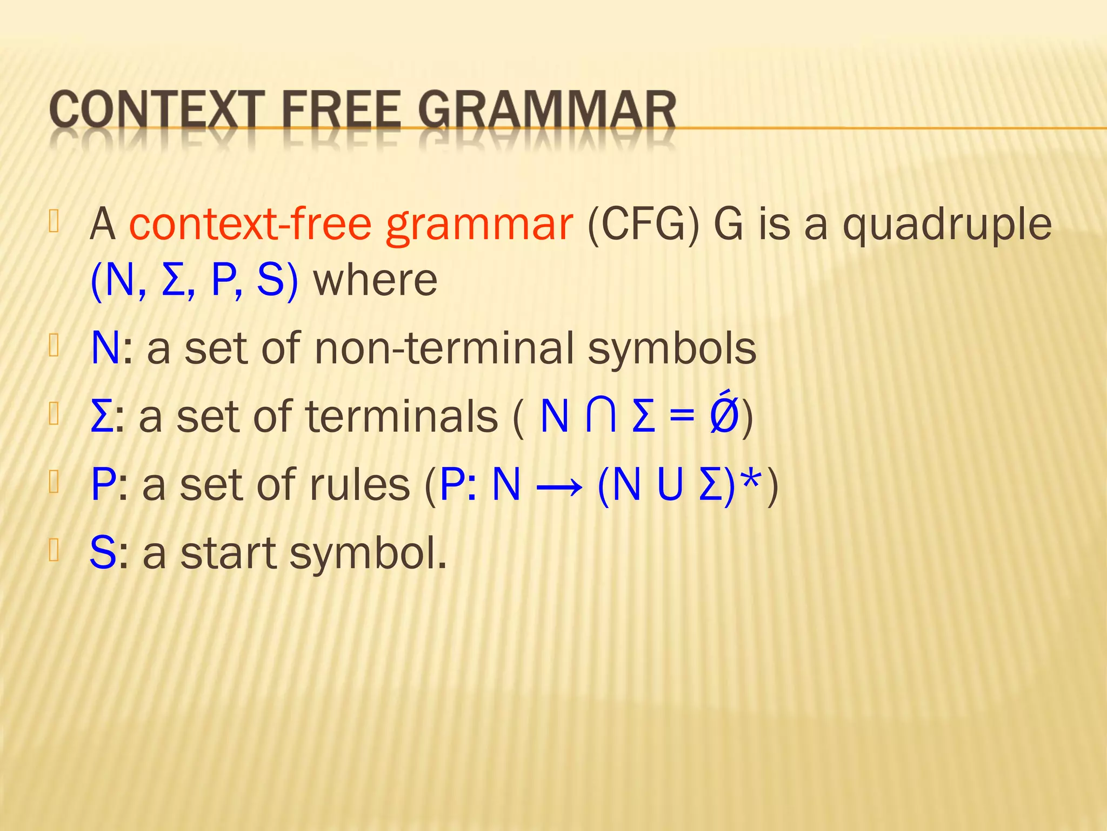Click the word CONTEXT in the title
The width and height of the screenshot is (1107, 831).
157,111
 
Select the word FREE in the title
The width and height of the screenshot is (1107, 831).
341,111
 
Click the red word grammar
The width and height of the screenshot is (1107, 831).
479,225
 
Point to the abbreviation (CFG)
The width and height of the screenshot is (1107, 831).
643,224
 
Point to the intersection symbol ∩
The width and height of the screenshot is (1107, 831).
601,417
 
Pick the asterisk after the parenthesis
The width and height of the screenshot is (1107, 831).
753,479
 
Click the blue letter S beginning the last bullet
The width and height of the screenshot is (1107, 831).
103,553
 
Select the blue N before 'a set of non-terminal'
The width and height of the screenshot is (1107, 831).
105,349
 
